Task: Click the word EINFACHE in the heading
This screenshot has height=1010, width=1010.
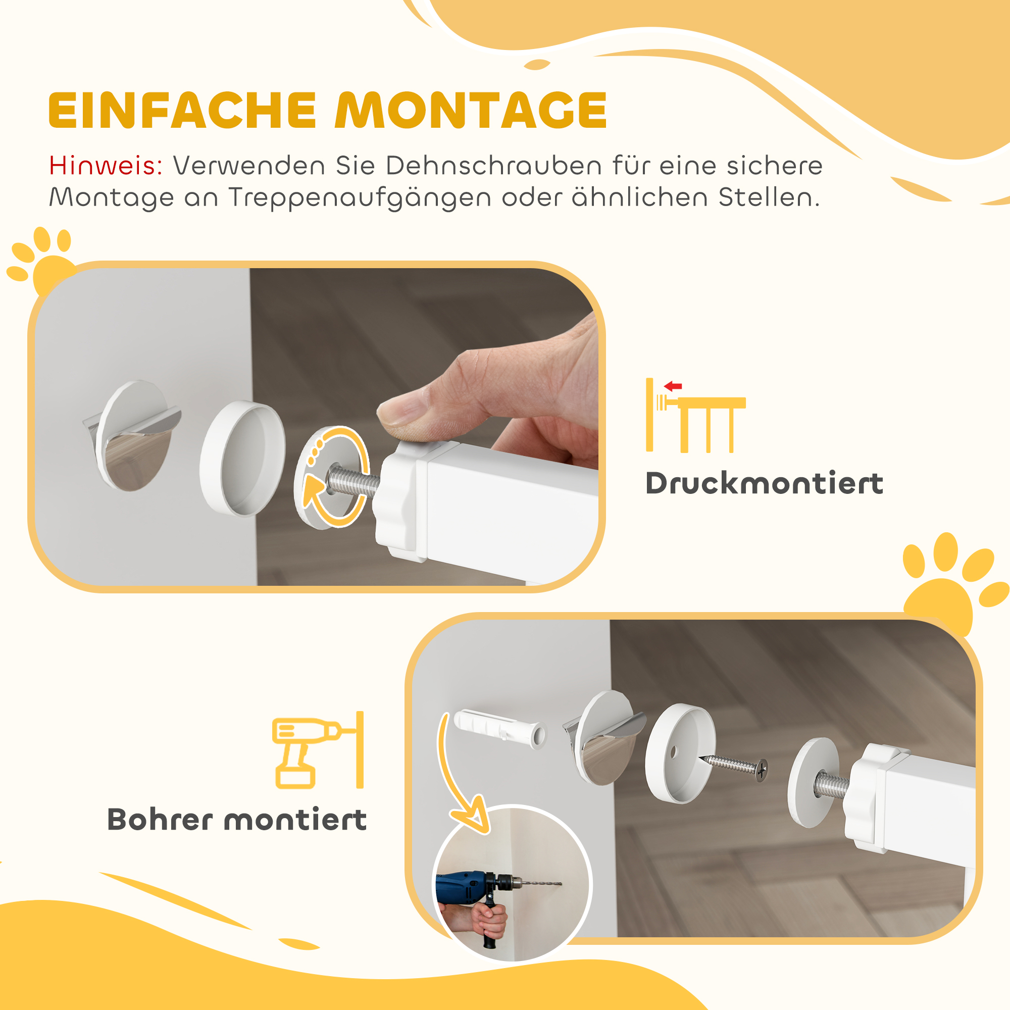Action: [x=182, y=110]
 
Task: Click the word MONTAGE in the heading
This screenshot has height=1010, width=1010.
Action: [x=471, y=110]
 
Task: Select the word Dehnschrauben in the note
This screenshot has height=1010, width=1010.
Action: [x=494, y=166]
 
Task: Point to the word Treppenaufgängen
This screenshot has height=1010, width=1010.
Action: [x=360, y=198]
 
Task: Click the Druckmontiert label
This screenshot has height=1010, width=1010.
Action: [x=764, y=484]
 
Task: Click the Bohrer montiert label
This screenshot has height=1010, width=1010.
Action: [x=237, y=820]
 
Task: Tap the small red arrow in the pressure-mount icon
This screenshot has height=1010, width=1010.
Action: [x=673, y=386]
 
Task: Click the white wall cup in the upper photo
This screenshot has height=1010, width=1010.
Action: [x=243, y=458]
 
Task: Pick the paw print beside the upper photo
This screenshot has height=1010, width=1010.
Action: [x=44, y=259]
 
